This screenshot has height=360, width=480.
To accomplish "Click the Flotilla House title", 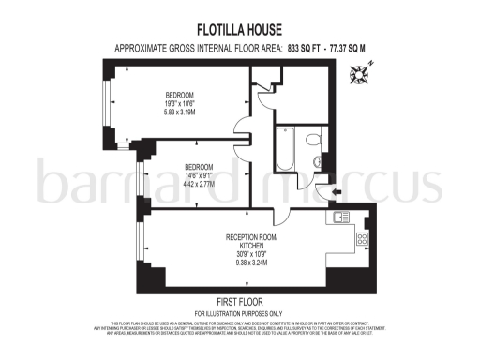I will pyautogui.click(x=239, y=28).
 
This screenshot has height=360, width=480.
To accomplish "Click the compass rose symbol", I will pyautogui.click(x=360, y=71).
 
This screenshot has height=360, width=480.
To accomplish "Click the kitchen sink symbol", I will pyautogui.click(x=338, y=218).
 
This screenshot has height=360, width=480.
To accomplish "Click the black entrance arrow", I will pyautogui.click(x=322, y=193).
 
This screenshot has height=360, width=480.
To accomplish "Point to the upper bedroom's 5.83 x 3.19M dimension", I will pyautogui.click(x=179, y=113).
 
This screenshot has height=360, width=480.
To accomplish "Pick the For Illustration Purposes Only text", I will pyautogui.click(x=239, y=312).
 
